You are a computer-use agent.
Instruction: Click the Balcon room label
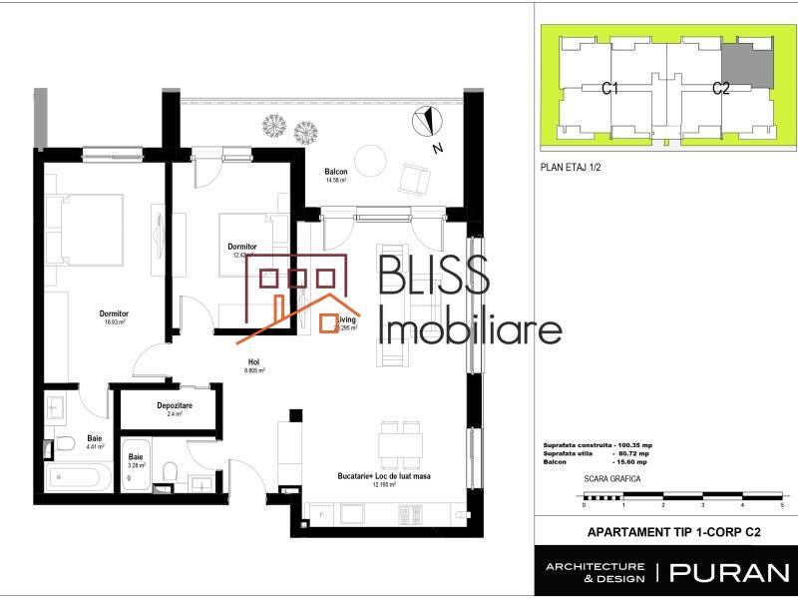pos(335,173)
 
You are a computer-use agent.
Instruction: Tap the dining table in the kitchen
pos(400,440)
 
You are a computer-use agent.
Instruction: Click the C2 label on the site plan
pos(721,89)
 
